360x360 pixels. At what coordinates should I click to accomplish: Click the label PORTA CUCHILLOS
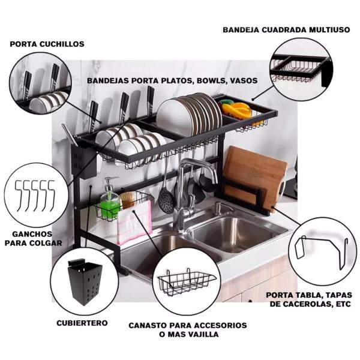click(47, 44)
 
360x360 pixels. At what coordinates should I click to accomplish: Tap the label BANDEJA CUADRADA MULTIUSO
click(286, 30)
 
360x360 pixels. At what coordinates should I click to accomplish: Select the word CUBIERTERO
click(82, 323)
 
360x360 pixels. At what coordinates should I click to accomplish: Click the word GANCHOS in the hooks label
click(32, 234)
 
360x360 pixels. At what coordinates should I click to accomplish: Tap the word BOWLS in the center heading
click(208, 81)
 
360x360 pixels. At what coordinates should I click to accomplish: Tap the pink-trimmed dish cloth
click(134, 222)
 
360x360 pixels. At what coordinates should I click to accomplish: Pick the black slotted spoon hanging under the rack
click(166, 197)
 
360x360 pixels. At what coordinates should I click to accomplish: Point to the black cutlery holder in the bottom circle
click(85, 283)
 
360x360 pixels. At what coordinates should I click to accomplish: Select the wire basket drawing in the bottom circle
click(187, 283)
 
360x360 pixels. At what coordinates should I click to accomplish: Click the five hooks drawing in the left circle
click(35, 196)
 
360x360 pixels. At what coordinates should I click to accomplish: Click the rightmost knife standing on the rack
click(151, 101)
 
